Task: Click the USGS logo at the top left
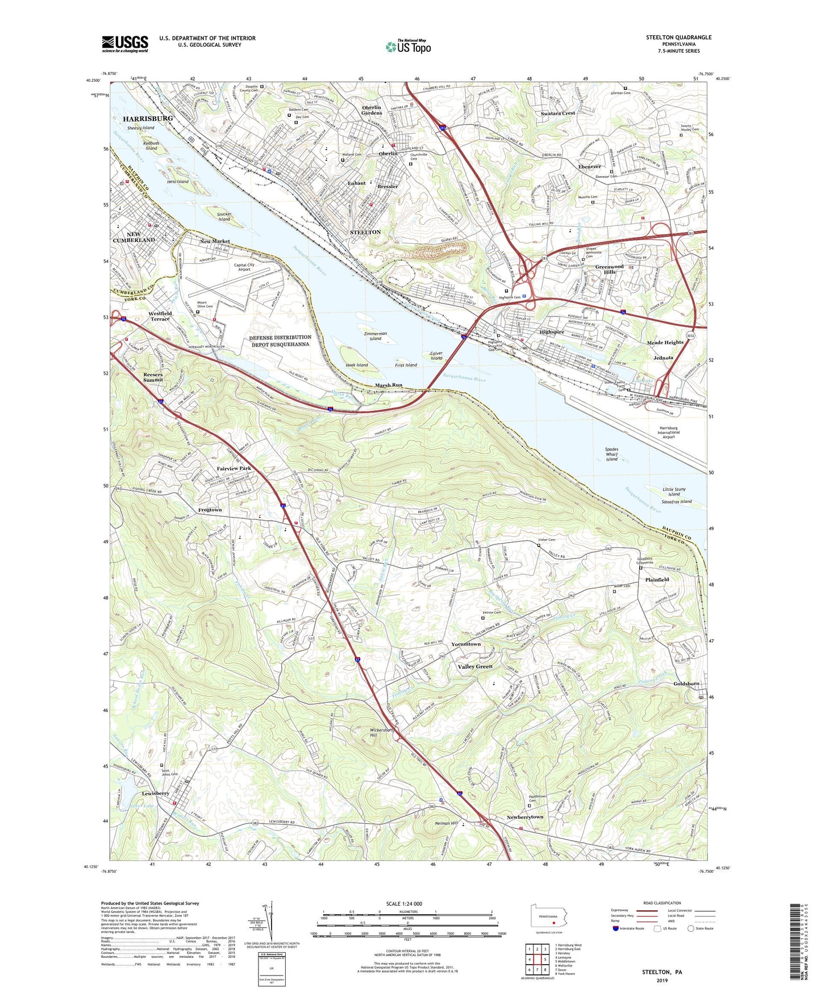pos(125,44)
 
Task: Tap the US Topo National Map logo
pos(407,46)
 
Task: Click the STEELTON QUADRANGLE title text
pos(678,37)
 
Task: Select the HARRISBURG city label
pos(148,118)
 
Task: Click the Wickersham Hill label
pos(381,732)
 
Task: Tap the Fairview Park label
pos(234,468)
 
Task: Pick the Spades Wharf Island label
pos(611,454)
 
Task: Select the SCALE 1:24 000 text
pos(404,904)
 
